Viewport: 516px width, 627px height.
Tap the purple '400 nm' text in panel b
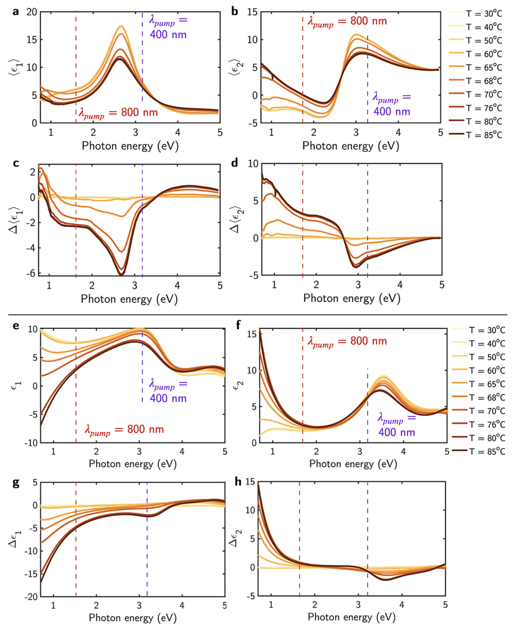coord(391,111)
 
